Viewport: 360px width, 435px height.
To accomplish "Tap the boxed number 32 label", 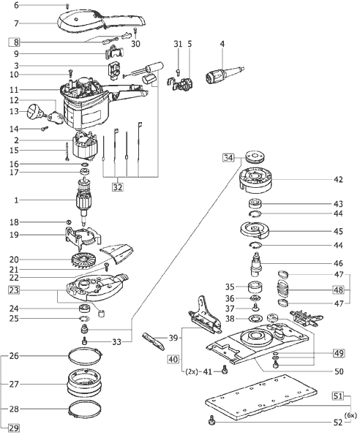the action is tap(118, 187).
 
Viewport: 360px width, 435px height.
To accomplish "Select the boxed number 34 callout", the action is tap(228, 158).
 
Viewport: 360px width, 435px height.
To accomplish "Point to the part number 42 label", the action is tap(338, 180).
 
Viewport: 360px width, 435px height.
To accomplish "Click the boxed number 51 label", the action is tap(338, 396).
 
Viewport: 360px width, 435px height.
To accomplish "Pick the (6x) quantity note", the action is tap(350, 415).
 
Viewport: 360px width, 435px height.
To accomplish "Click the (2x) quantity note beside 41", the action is tap(192, 371).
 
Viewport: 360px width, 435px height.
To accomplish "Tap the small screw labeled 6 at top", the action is tap(67, 6).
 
